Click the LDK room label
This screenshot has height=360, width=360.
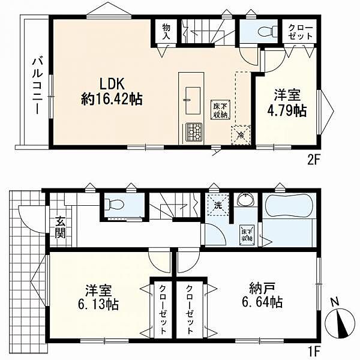(112, 84)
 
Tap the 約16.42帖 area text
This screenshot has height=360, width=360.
(112, 99)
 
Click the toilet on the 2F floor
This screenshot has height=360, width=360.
(268, 31)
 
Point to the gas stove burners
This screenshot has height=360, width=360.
(194, 131)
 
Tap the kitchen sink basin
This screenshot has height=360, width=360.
(193, 100)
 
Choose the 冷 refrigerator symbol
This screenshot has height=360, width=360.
(241, 135)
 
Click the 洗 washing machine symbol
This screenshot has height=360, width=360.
(218, 205)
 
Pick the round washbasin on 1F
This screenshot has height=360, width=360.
(245, 200)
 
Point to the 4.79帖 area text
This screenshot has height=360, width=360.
(287, 111)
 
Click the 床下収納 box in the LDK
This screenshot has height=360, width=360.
(221, 110)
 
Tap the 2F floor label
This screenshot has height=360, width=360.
(313, 161)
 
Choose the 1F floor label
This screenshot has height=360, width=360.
(314, 350)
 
